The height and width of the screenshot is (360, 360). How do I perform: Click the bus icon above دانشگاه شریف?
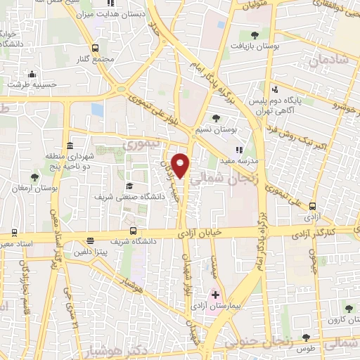click(134, 231)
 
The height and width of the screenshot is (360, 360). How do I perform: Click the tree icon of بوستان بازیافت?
click(254, 34)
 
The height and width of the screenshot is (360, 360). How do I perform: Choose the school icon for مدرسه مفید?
click(239, 149)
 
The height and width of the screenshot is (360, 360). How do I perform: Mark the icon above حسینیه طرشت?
click(31, 75)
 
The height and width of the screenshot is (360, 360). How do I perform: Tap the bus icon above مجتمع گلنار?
click(96, 46)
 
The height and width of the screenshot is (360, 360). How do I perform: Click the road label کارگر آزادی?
click(334, 231)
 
